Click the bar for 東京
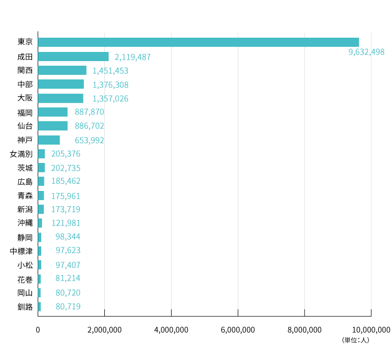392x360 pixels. pos(198,42)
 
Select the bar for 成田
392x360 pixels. pos(73,57)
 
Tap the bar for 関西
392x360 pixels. pos(62,70)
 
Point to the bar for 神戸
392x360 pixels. pos(48,140)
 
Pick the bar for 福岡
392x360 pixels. pos(52,112)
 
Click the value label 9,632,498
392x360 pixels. pos(367,52)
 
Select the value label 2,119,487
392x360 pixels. pos(133,57)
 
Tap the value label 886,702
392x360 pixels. pos(89,126)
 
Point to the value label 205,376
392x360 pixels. pos(66,154)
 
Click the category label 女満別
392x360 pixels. pos(21,154)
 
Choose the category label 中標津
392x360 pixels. pos(21,251)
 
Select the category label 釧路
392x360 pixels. pos(25,307)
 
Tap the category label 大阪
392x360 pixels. pos(25,98)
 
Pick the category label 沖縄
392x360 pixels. pos(25,223)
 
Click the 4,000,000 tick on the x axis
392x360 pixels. pos(171,330)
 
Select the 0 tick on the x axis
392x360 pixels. pos(38,330)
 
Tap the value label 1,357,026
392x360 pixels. pos(110,98)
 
